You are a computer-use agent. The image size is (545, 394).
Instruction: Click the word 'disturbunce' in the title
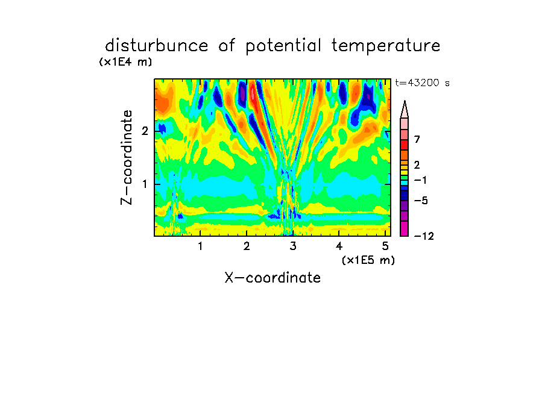click(156, 46)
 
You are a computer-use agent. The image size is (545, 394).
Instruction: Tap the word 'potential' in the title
click(283, 46)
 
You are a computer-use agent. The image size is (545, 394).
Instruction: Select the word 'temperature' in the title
click(386, 46)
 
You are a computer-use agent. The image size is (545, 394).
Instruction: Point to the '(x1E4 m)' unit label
click(125, 62)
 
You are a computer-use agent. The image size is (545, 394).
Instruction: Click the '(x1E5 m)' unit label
click(368, 260)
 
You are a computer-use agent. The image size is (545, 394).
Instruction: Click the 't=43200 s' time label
click(422, 83)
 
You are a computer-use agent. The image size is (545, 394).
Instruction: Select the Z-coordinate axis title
click(127, 157)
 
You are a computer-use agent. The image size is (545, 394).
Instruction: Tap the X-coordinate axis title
click(272, 278)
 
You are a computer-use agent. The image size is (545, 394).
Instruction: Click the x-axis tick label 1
click(201, 246)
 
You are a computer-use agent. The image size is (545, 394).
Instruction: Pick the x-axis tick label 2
click(247, 246)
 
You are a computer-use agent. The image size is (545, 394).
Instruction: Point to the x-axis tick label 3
click(293, 246)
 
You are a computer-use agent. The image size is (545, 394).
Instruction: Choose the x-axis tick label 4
click(339, 246)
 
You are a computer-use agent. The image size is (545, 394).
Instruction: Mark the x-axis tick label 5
click(385, 246)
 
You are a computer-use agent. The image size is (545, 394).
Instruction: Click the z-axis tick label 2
click(145, 131)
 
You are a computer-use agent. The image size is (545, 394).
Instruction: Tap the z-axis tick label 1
click(145, 184)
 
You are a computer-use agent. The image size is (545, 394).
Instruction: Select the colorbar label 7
click(417, 140)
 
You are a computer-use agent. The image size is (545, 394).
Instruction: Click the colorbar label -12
click(424, 236)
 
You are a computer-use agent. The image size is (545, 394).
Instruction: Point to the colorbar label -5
click(421, 201)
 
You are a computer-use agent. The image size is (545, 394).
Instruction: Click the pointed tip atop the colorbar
click(405, 101)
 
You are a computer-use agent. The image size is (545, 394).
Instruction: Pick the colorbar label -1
click(420, 180)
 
